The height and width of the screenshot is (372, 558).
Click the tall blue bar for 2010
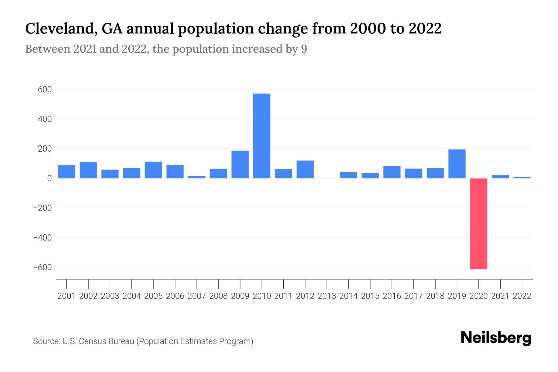coord(262,136)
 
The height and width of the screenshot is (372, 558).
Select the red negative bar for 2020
coord(478,224)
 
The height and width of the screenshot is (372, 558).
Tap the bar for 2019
coord(457,164)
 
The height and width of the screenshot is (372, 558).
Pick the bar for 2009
coord(240,164)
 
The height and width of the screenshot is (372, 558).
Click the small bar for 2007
coord(197,177)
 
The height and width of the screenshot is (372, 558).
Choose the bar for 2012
coord(305,169)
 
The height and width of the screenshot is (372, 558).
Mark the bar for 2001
coord(67,171)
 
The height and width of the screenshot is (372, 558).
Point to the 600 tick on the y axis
coord(45,90)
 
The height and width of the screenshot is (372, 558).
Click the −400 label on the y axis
coord(42,238)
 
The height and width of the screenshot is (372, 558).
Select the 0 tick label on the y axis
coord(49,179)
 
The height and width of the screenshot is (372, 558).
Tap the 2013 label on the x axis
coord(327,296)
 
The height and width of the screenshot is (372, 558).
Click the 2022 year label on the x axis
coord(522,296)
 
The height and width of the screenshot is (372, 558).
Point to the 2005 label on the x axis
coord(153,296)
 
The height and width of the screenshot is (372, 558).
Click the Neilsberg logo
coord(496,338)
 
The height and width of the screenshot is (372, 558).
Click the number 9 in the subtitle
coord(304,49)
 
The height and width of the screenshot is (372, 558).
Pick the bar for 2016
coord(392,172)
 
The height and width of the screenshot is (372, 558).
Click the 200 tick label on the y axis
coord(45,149)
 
